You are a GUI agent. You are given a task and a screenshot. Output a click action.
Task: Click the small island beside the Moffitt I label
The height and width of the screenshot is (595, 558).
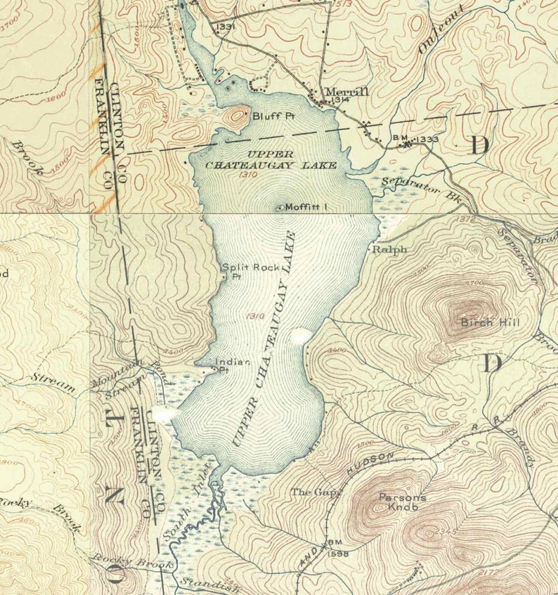pyautogui.click(x=279, y=207)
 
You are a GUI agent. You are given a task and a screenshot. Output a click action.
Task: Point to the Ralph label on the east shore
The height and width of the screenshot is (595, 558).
pyautogui.click(x=389, y=249)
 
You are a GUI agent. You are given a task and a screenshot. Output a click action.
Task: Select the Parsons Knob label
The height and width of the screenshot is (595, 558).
pyautogui.click(x=403, y=502)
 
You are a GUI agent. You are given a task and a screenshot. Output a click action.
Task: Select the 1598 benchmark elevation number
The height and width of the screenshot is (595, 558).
pyautogui.click(x=338, y=553)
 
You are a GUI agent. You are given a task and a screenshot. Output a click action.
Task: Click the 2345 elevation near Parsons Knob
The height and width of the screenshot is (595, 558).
pyautogui.click(x=443, y=532)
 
